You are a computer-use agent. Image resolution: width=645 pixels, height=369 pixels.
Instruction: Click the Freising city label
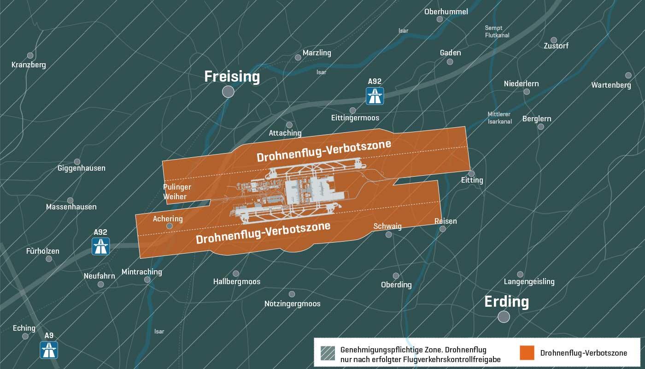[x=232, y=77]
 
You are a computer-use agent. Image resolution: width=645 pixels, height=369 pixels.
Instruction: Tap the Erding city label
[x=506, y=302]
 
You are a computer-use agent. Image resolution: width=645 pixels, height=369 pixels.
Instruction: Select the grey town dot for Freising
[x=228, y=91]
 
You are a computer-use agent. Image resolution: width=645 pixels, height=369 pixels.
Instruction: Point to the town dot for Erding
[x=504, y=316]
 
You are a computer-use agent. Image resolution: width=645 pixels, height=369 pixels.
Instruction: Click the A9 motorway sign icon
[x=49, y=350]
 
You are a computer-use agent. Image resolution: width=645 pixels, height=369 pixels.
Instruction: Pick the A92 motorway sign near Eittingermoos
[x=375, y=96]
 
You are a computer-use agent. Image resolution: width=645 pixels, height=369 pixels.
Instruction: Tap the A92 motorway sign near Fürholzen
[x=100, y=246]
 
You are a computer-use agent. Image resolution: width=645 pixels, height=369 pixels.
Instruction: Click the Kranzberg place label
[x=29, y=65]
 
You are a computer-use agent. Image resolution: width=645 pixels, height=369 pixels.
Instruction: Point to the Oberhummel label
[x=446, y=12]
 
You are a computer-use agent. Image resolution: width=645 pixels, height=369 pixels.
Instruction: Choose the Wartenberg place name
[x=611, y=85]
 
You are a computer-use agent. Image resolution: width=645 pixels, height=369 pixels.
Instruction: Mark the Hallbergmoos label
[x=237, y=281]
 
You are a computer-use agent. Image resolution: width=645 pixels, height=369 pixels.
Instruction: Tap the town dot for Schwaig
[x=388, y=235]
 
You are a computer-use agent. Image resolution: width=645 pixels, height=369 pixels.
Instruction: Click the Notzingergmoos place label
[x=292, y=304]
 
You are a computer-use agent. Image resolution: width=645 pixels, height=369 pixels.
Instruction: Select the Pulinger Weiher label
[x=177, y=192]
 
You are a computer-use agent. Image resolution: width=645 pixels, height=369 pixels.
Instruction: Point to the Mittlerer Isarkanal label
[x=500, y=118]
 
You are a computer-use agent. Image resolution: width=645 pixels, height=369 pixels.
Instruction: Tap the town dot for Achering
[x=169, y=226]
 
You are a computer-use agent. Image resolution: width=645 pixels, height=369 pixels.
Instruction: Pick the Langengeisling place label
[x=529, y=281]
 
